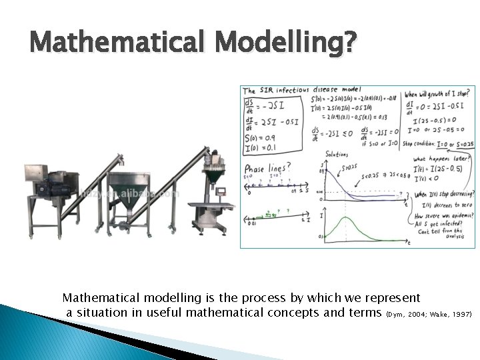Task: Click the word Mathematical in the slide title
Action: pos(113,45)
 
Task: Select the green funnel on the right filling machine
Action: pos(214,175)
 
